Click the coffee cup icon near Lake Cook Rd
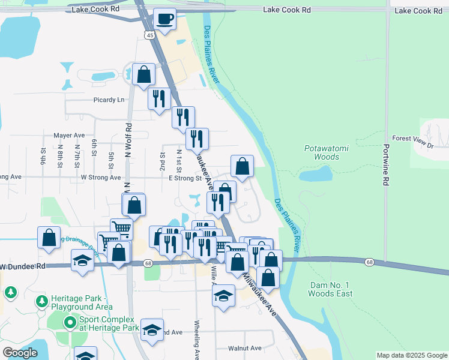tap(164, 18)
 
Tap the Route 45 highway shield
tap(150, 35)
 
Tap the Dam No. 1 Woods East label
tap(330, 289)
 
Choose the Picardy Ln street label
tap(109, 100)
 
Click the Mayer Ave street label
tap(69, 136)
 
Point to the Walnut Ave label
tap(245, 348)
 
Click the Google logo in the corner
tap(20, 353)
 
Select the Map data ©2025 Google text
tap(411, 355)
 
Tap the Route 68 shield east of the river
tap(369, 262)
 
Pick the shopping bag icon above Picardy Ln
tap(144, 75)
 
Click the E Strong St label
tap(185, 178)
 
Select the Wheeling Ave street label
tap(196, 339)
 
